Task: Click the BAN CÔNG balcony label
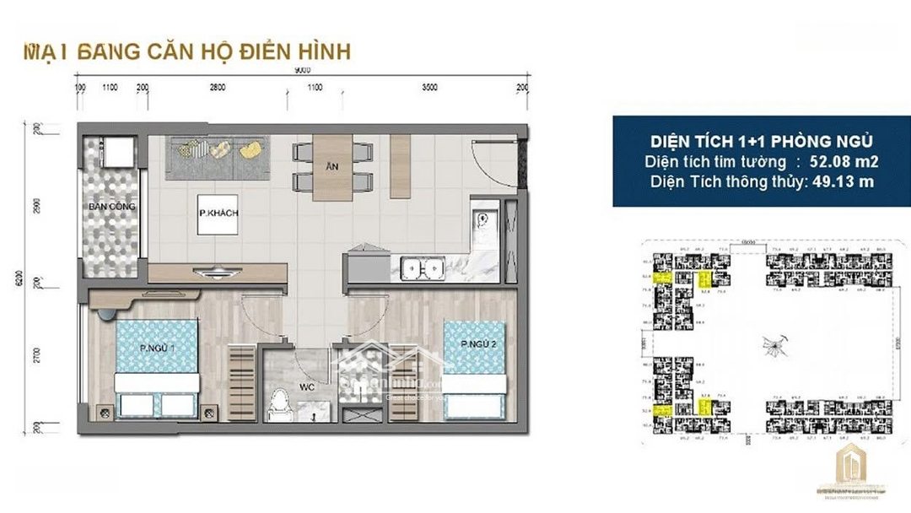(111, 207)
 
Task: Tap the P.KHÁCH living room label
(218, 213)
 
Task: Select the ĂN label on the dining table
(332, 167)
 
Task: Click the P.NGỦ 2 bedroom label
(477, 344)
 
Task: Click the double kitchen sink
(423, 268)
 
